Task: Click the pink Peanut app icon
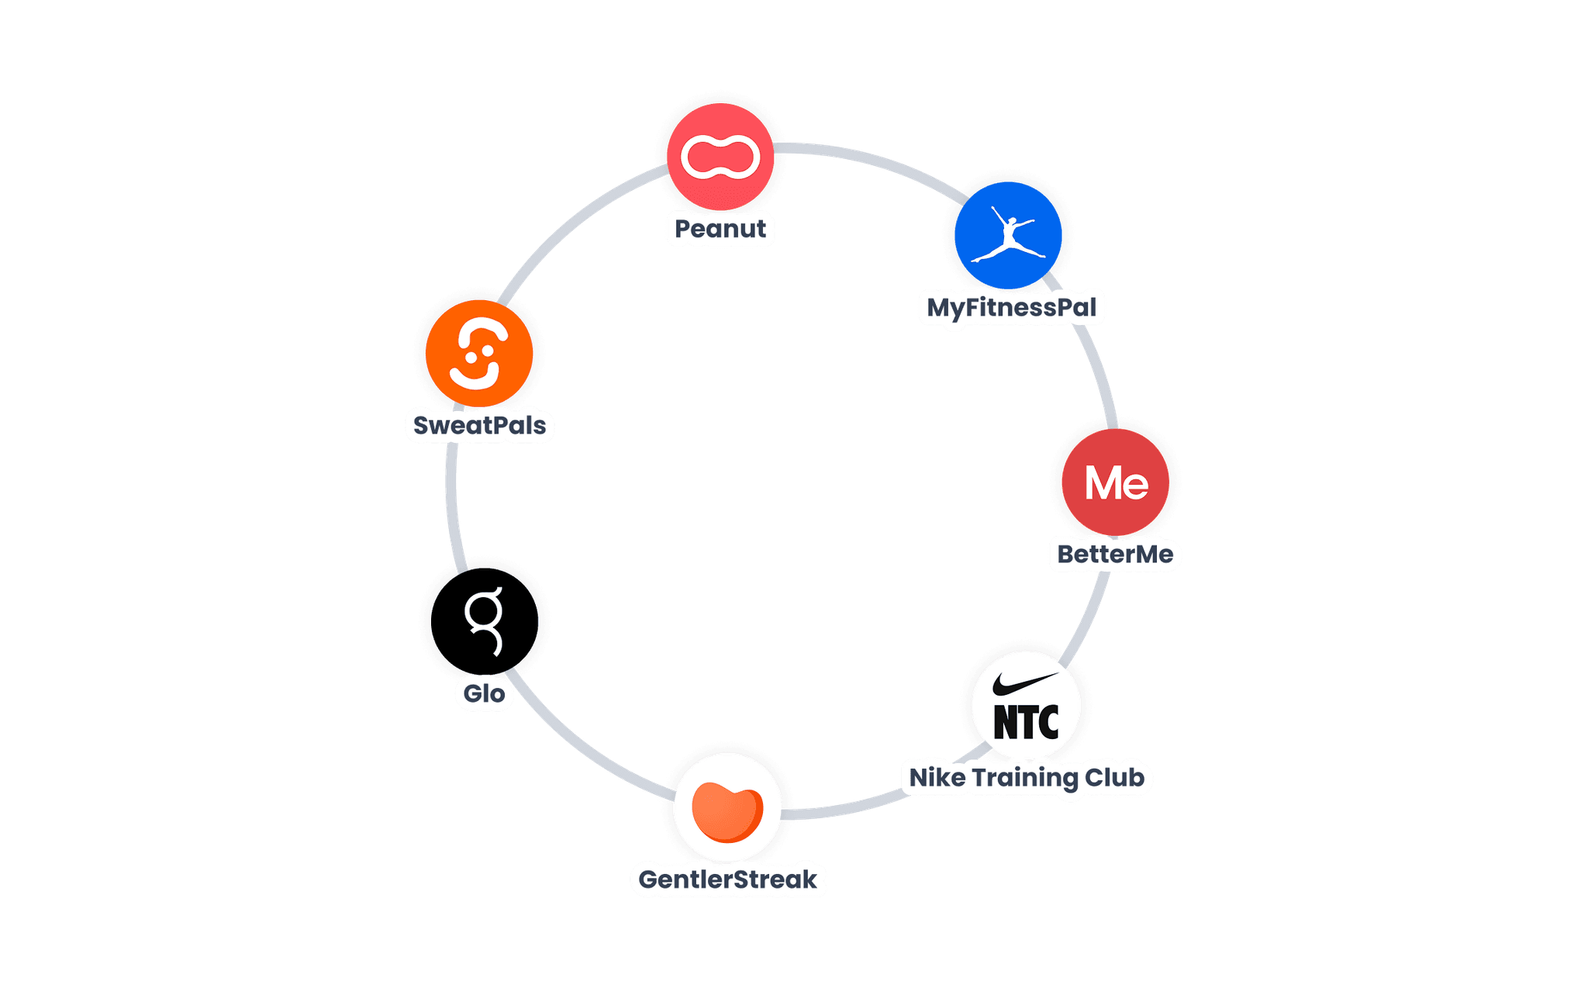tap(720, 157)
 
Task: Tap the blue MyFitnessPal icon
tap(1008, 235)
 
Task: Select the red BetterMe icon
tap(1116, 482)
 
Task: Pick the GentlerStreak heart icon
tap(727, 808)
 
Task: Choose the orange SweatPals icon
tap(479, 353)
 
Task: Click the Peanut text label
tap(720, 229)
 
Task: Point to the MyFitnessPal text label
tap(1011, 307)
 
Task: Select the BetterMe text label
tap(1115, 555)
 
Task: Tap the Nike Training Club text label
tap(1026, 777)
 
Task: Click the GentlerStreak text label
tap(727, 879)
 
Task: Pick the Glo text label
tap(484, 693)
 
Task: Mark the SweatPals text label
tap(479, 426)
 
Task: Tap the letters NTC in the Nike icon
tap(1026, 723)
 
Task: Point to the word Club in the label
tap(1113, 777)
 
